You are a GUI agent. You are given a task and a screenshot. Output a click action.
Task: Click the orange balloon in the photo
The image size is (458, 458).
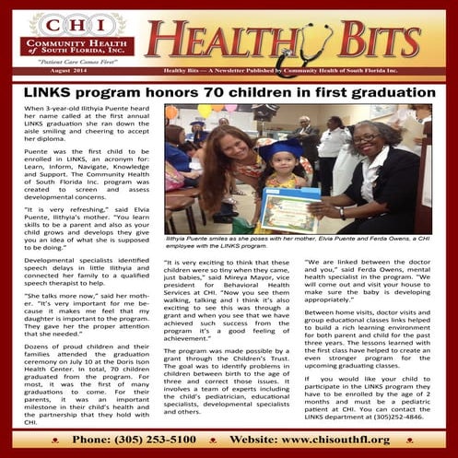point(171,112)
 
